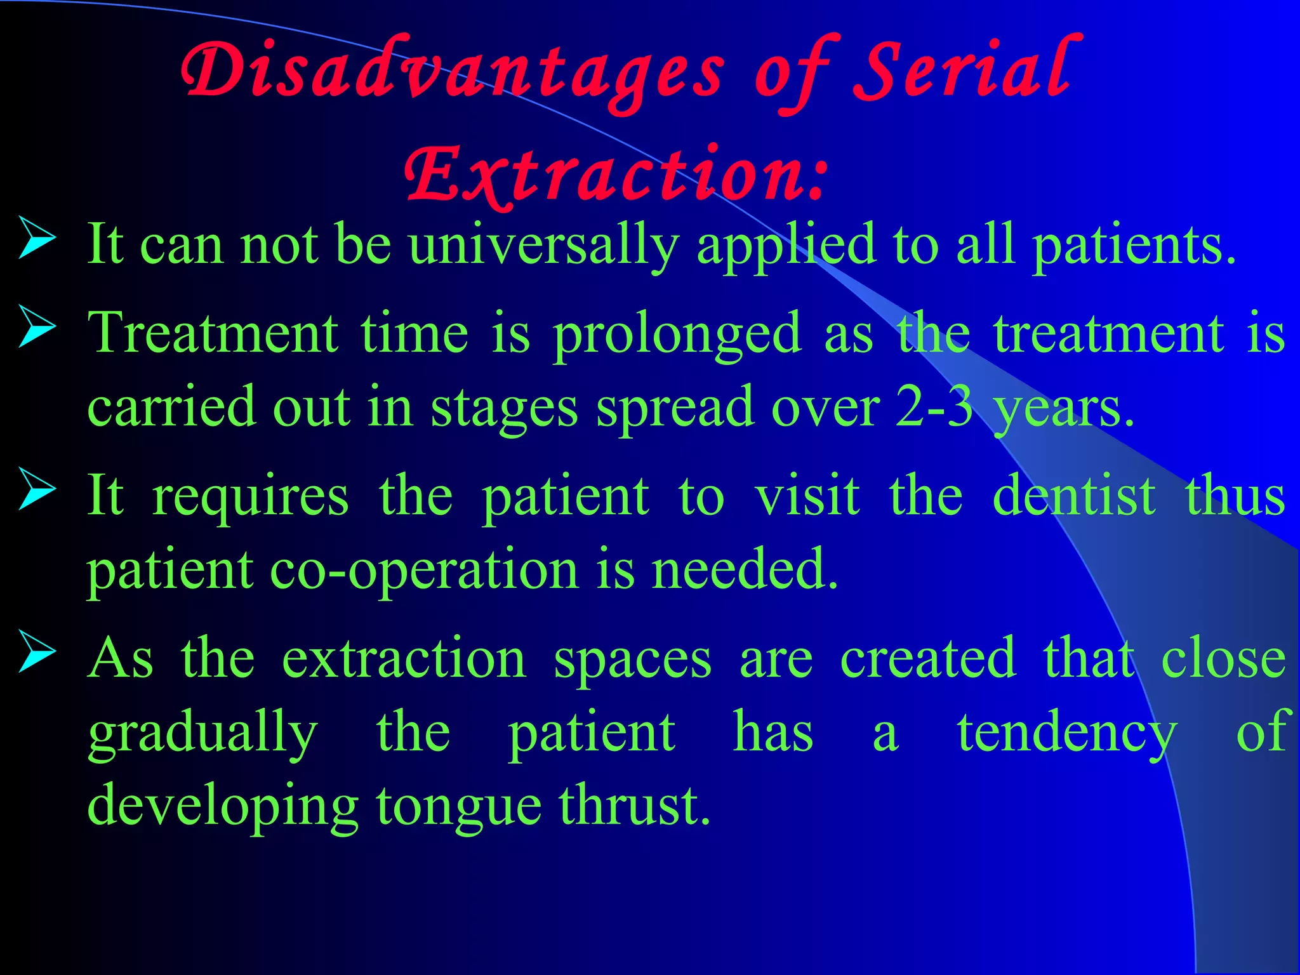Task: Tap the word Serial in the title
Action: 965,70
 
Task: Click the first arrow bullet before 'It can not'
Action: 37,238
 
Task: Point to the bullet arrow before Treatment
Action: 37,327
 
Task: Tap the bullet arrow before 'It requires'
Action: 37,489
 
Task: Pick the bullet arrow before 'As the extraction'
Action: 37,651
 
